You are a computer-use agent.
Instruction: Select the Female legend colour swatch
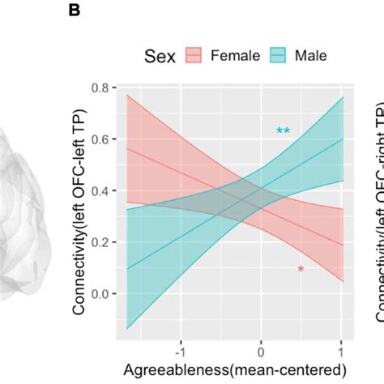(194, 56)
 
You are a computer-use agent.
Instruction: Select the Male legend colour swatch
(275, 56)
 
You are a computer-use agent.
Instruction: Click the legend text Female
(235, 56)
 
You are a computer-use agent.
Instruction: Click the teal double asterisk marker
(283, 131)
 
